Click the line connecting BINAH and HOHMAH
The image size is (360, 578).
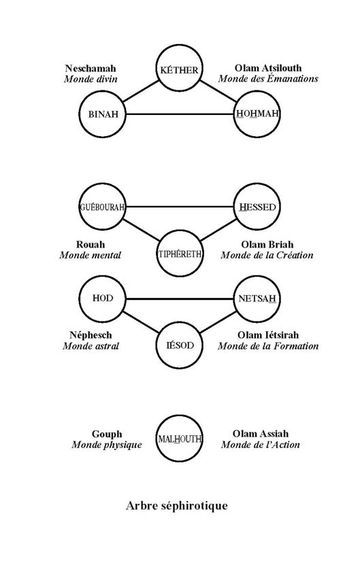pyautogui.click(x=180, y=114)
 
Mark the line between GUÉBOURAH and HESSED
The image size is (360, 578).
pyautogui.click(x=180, y=207)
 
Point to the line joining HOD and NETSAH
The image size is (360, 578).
pyautogui.click(x=180, y=299)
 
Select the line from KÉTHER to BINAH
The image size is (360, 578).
pyautogui.click(x=141, y=91)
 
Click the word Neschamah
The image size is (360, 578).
pyautogui.click(x=91, y=68)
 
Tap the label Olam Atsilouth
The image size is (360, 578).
pyautogui.click(x=268, y=68)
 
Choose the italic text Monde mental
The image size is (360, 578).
pyautogui.click(x=91, y=255)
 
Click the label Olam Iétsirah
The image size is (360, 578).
pyautogui.click(x=268, y=335)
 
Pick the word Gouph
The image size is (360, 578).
pyautogui.click(x=107, y=435)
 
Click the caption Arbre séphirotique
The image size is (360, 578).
pyautogui.click(x=177, y=505)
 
